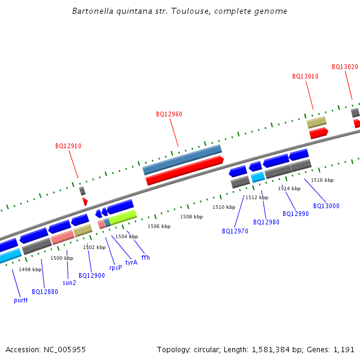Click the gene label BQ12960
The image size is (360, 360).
click(169, 114)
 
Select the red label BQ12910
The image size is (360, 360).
click(68, 146)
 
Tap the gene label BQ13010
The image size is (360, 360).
click(305, 76)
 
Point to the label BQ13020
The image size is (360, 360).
click(345, 67)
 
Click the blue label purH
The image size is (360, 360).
click(21, 300)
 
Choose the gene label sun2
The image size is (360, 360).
click(70, 283)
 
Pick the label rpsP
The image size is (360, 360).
click(115, 268)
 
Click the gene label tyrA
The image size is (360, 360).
click(131, 262)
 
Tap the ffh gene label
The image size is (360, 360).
click(146, 257)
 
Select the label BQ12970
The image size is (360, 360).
click(235, 231)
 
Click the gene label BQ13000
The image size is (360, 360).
click(326, 206)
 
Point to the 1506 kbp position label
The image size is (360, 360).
click(159, 226)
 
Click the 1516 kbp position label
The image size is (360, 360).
click(322, 180)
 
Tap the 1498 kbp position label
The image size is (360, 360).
click(30, 270)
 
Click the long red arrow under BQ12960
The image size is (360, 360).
click(185, 170)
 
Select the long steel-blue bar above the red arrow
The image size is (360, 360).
click(182, 160)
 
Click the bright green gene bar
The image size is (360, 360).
click(123, 217)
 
